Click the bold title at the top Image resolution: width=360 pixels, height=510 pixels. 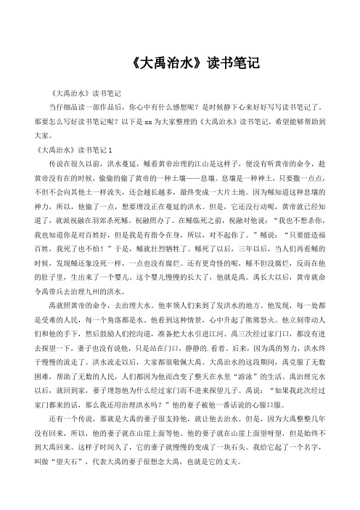180,62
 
